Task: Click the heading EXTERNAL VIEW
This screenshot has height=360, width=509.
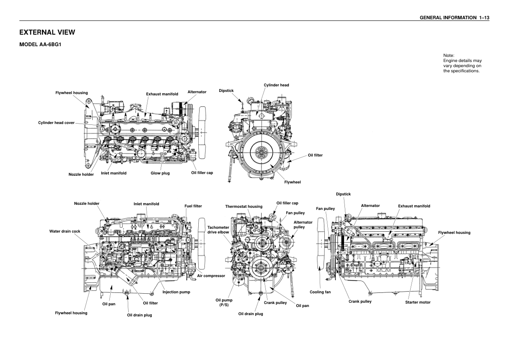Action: point(47,32)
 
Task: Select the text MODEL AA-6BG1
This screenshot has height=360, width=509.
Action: point(40,44)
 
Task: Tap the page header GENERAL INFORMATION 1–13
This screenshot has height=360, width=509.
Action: point(454,18)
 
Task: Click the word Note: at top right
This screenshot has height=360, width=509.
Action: point(449,56)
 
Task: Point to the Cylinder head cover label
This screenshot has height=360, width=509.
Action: point(56,123)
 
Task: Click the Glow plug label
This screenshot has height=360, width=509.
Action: point(160,173)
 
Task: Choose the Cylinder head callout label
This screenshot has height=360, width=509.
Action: point(276,85)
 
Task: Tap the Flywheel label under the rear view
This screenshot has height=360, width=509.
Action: point(292,182)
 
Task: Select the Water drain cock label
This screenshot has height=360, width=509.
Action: point(65,231)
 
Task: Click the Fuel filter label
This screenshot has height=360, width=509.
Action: point(193,206)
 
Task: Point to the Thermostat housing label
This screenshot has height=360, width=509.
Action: point(244,207)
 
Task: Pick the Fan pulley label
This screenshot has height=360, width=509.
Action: point(295,213)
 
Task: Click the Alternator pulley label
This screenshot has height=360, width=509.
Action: point(303,224)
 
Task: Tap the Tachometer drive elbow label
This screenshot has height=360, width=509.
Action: point(218,230)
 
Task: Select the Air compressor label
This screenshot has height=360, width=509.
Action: point(211,276)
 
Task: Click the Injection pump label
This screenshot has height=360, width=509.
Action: point(176,292)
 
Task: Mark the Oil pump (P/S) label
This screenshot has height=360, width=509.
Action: point(224,303)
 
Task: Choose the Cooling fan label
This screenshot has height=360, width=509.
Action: point(320,292)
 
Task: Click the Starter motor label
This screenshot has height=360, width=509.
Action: point(418,302)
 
